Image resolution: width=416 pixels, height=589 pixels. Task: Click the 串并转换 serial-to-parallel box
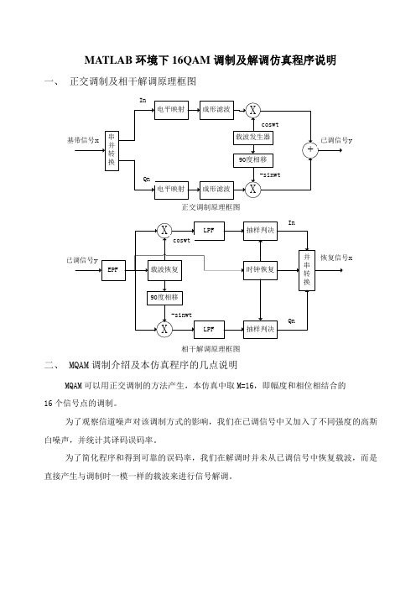(112, 151)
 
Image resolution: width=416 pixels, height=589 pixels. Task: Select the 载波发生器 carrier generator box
(252, 138)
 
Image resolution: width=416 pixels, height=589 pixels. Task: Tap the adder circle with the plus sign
(310, 150)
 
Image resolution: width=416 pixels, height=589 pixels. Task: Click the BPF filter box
(113, 269)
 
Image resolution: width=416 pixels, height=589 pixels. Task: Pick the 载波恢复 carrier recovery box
(164, 269)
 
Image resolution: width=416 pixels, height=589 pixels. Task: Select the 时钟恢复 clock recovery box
(260, 269)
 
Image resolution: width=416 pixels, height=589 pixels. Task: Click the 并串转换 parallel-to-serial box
(307, 270)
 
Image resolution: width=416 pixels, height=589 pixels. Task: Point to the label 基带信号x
(82, 140)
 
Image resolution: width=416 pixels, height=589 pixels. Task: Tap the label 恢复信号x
(336, 258)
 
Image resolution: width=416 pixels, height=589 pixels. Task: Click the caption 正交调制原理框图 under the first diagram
(211, 207)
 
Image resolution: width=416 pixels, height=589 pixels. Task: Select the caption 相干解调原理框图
(211, 349)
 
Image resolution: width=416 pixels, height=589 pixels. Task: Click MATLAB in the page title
(108, 60)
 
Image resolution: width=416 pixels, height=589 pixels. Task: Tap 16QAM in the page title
(190, 60)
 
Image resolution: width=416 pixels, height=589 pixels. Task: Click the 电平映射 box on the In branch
(172, 110)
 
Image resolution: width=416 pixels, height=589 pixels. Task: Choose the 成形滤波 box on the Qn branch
(216, 190)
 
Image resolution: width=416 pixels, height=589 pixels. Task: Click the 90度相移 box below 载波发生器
(252, 160)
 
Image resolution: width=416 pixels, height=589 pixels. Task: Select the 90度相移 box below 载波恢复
(164, 298)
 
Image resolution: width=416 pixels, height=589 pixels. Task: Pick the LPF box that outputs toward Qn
(209, 330)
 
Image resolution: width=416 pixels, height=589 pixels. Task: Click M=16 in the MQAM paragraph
(245, 386)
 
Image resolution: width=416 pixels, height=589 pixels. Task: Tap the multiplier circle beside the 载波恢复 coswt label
(164, 231)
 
